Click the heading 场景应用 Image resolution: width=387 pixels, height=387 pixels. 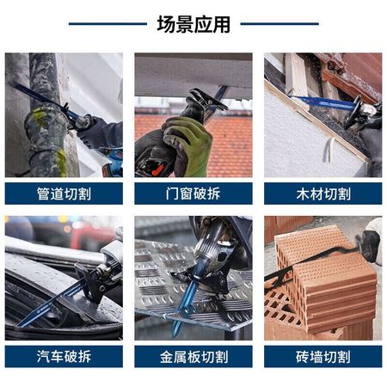pyautogui.click(x=193, y=24)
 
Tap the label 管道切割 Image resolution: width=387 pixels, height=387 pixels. pyautogui.click(x=64, y=193)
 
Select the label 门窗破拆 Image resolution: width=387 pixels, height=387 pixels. pyautogui.click(x=193, y=193)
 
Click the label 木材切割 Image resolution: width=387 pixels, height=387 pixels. pyautogui.click(x=323, y=193)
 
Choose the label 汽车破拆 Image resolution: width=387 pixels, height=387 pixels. pyautogui.click(x=64, y=356)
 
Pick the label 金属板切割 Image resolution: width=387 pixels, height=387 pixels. pyautogui.click(x=193, y=356)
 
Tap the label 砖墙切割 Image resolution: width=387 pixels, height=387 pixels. pyautogui.click(x=323, y=356)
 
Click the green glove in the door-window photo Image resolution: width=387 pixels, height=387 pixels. pyautogui.click(x=189, y=144)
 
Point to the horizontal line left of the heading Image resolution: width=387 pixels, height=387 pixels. pyautogui.click(x=107, y=24)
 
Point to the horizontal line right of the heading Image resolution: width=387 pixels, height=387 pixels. pyautogui.click(x=279, y=24)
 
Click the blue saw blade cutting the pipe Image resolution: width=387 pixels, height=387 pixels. pyautogui.click(x=43, y=99)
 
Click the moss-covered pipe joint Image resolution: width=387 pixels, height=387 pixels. pyautogui.click(x=46, y=126)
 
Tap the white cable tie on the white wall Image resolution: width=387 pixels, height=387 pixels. pyautogui.click(x=329, y=150)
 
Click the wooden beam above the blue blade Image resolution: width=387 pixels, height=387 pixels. pyautogui.click(x=296, y=75)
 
